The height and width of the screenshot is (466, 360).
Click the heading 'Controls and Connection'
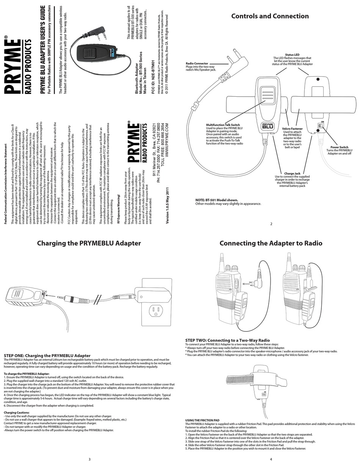click(x=270, y=16)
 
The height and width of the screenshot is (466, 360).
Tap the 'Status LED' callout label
click(x=292, y=55)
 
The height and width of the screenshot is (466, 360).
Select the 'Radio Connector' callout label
click(x=197, y=63)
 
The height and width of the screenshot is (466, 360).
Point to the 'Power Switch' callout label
click(x=339, y=147)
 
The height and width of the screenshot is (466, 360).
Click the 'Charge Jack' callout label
click(x=292, y=173)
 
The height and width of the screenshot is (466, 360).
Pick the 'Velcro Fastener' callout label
click(x=292, y=129)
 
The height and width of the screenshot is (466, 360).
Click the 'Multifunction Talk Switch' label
click(x=223, y=125)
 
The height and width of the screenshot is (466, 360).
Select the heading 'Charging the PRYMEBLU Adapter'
click(x=89, y=243)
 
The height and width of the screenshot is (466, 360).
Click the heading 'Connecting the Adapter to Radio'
click(x=271, y=243)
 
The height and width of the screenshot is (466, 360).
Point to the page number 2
click(x=271, y=224)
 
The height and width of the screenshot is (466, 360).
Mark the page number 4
click(x=271, y=460)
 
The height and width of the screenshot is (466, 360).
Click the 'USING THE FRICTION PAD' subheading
click(x=202, y=420)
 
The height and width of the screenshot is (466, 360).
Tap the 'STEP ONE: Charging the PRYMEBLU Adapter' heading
click(x=47, y=356)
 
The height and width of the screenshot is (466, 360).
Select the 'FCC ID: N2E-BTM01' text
click(x=153, y=77)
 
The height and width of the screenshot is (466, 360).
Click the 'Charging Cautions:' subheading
click(x=17, y=412)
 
